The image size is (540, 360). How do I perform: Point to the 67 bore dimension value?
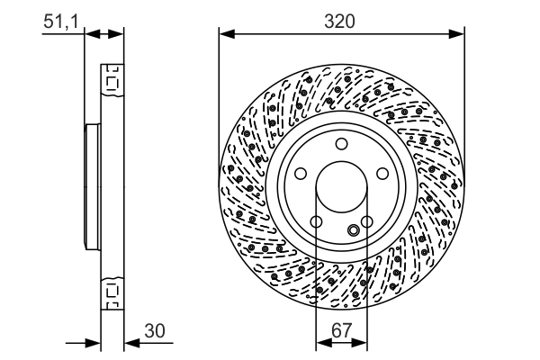[x=342, y=332]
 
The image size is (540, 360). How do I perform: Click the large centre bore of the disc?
[x=342, y=187]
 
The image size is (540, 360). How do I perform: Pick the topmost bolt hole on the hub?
[x=342, y=145]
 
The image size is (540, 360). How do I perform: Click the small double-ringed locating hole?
[x=353, y=231]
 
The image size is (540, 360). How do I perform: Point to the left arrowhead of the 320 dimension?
[x=225, y=35]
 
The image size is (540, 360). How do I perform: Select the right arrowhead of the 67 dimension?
[x=362, y=342]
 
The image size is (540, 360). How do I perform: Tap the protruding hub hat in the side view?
[x=89, y=186]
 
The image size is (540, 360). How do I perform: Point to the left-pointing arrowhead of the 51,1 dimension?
[x=117, y=33]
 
